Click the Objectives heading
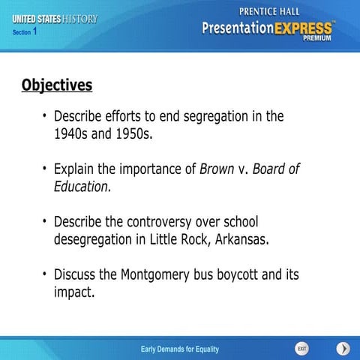[56, 85]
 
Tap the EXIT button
[301, 349]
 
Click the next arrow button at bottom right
[342, 349]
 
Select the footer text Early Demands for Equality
[180, 349]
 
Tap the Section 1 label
[25, 32]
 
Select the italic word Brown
[217, 169]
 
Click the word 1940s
[71, 135]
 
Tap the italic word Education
[82, 187]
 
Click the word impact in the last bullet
[73, 292]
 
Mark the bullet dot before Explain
[44, 168]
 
